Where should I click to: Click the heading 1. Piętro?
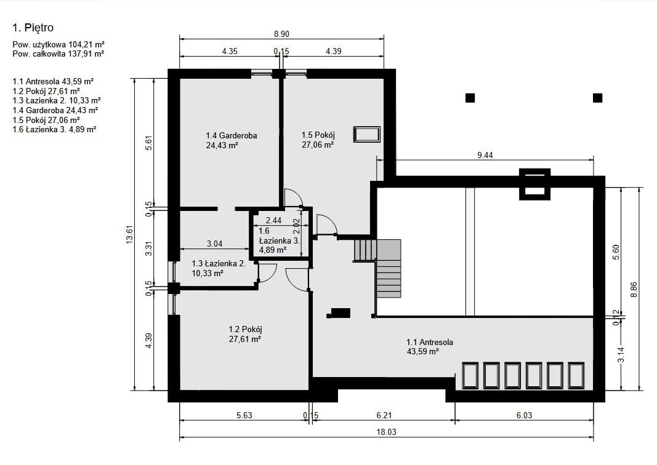pos(33,28)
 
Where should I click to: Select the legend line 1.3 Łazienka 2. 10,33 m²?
pos(57,100)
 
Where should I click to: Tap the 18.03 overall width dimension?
pos(386,432)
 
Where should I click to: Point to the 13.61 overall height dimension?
pos(129,234)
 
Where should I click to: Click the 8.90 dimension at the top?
pos(281,34)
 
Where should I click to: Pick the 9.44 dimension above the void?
pos(485,155)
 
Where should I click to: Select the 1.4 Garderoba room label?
pos(232,135)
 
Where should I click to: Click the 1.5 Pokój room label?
pos(318,135)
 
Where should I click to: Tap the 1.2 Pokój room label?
pos(245,330)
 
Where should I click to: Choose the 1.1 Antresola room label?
pos(430,343)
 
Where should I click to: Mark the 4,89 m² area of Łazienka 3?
pos(273,250)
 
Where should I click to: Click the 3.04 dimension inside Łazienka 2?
pos(214,244)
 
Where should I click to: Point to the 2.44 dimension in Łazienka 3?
pos(273,220)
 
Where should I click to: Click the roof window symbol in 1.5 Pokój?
pos(367,135)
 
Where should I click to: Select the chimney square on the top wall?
pos(534,184)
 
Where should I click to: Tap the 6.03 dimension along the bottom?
pos(524,416)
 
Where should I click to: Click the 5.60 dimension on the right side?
pos(616,252)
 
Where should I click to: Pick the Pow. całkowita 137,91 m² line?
pos(58,54)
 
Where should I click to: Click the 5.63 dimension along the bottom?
pos(244,416)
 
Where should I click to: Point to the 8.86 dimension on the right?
pos(634,290)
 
